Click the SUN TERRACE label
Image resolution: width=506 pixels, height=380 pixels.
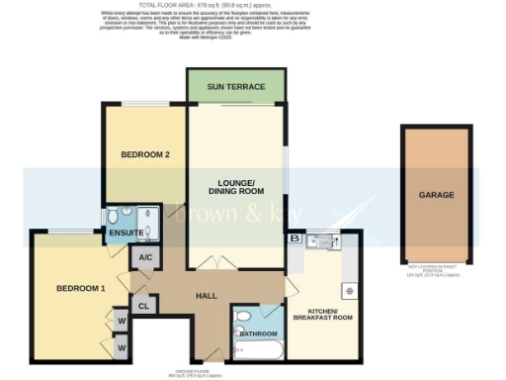(x=235, y=87)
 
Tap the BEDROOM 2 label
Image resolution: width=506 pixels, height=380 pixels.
(x=145, y=155)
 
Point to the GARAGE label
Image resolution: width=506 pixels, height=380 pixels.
(x=436, y=195)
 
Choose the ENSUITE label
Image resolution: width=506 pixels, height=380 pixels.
(x=126, y=235)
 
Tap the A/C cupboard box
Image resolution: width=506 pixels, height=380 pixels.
(x=144, y=256)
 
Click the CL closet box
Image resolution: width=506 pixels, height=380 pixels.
(x=142, y=306)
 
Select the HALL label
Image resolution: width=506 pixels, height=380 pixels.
(x=206, y=296)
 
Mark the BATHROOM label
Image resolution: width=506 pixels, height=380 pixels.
(x=258, y=333)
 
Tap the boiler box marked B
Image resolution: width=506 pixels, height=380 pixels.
(x=294, y=238)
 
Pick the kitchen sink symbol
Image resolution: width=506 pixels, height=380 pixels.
(x=322, y=240)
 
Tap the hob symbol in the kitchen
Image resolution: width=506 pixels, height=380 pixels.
(x=349, y=291)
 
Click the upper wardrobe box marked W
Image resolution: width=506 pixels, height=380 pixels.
(x=121, y=321)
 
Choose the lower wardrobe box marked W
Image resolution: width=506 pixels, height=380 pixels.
(x=121, y=347)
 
